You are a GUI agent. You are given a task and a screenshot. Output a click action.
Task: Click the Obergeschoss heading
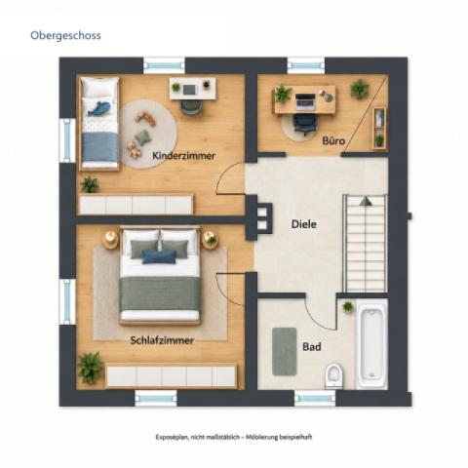65,35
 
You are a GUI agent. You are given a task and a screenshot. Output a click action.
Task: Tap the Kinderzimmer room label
183,156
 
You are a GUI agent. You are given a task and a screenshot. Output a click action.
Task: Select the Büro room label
333,140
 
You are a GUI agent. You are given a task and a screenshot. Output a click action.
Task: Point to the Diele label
304,224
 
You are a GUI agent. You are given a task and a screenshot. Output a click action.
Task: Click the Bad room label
312,347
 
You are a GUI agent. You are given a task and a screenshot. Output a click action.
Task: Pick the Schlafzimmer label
162,340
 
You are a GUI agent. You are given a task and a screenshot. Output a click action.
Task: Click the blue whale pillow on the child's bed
99,108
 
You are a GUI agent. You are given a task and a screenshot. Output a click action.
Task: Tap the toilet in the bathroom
333,376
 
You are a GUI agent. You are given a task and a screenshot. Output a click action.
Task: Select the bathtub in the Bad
371,344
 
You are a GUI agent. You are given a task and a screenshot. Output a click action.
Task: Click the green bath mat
285,352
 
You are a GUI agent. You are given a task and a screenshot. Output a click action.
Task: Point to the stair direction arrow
366,201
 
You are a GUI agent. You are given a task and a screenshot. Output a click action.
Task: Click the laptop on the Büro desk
305,100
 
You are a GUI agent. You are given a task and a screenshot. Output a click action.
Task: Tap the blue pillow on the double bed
159,256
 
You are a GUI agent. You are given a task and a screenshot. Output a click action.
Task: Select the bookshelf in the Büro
379,128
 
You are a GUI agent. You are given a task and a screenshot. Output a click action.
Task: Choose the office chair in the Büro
304,125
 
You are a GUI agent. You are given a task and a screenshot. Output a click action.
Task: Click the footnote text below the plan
234,437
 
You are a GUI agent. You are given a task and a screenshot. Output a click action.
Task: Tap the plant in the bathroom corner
348,307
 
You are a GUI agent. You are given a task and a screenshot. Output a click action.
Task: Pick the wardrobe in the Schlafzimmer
172,376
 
